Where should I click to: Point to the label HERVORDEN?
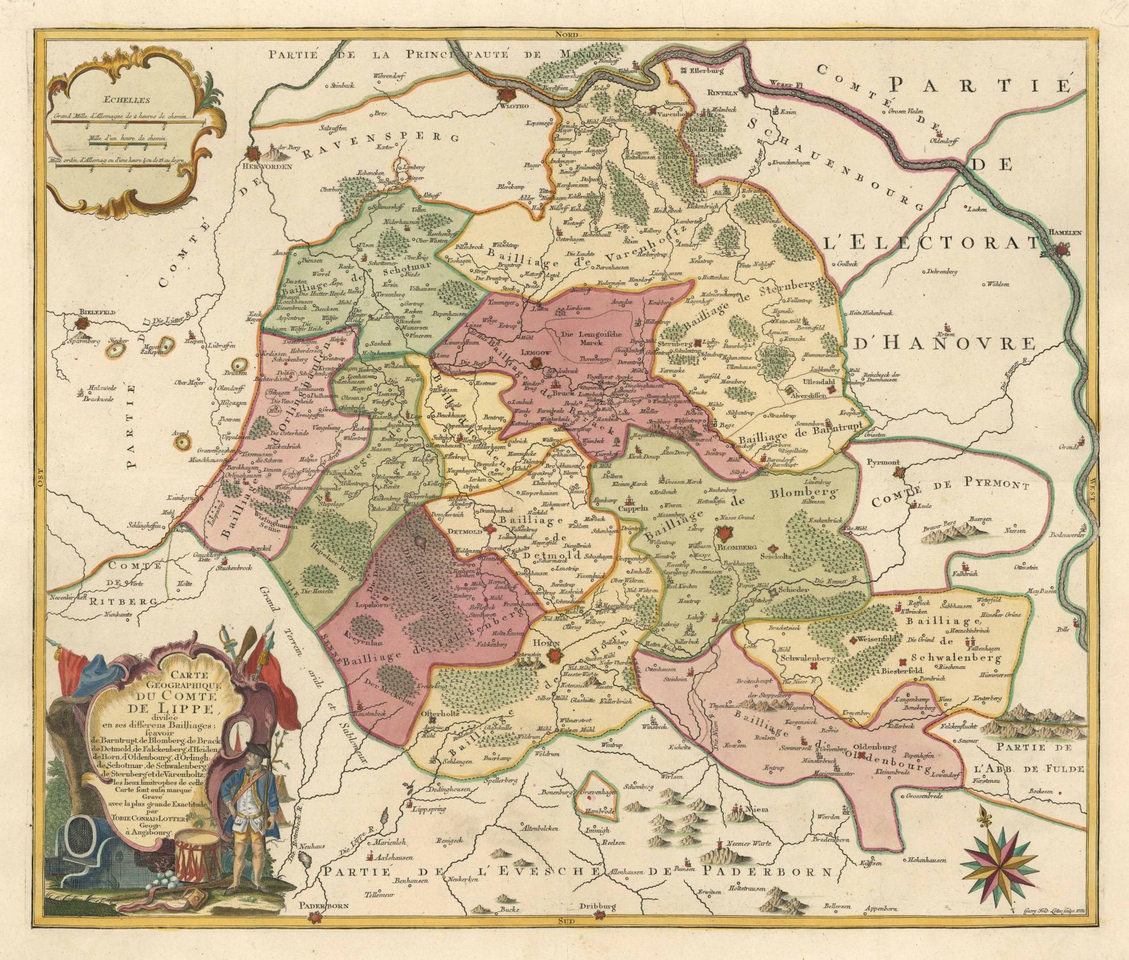tap(263, 166)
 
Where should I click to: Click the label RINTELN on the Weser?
tap(722, 91)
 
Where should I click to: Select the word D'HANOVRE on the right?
tap(943, 344)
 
